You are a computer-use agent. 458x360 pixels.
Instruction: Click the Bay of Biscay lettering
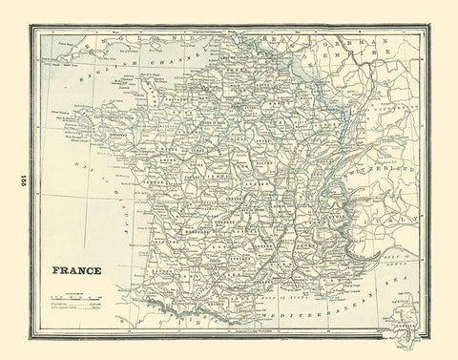pyautogui.click(x=95, y=191)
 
